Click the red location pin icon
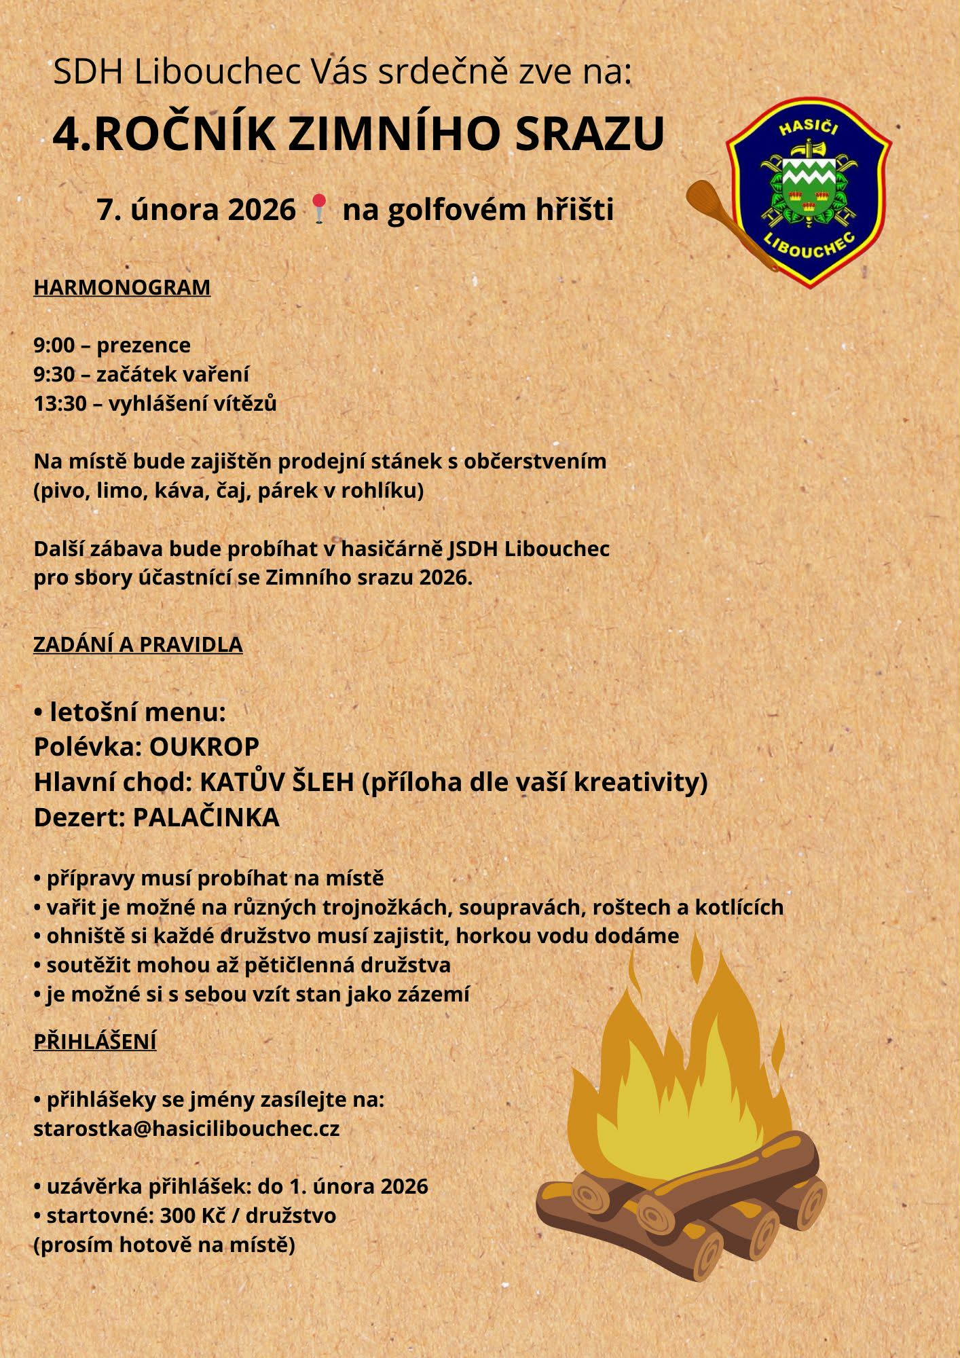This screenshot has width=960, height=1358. click(x=319, y=206)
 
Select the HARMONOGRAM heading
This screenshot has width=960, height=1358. click(x=122, y=287)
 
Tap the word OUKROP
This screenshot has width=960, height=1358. click(x=204, y=747)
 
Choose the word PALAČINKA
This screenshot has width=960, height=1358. click(x=206, y=818)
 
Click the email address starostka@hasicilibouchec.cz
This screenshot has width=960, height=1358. click(x=187, y=1128)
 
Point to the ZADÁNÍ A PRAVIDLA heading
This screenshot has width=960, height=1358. click(x=138, y=644)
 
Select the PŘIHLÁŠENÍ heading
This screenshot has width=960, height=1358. click(x=95, y=1042)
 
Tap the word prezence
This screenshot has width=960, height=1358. click(x=143, y=346)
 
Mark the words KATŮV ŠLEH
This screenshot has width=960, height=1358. click(x=276, y=782)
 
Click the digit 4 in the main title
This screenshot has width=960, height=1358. click(x=67, y=134)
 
